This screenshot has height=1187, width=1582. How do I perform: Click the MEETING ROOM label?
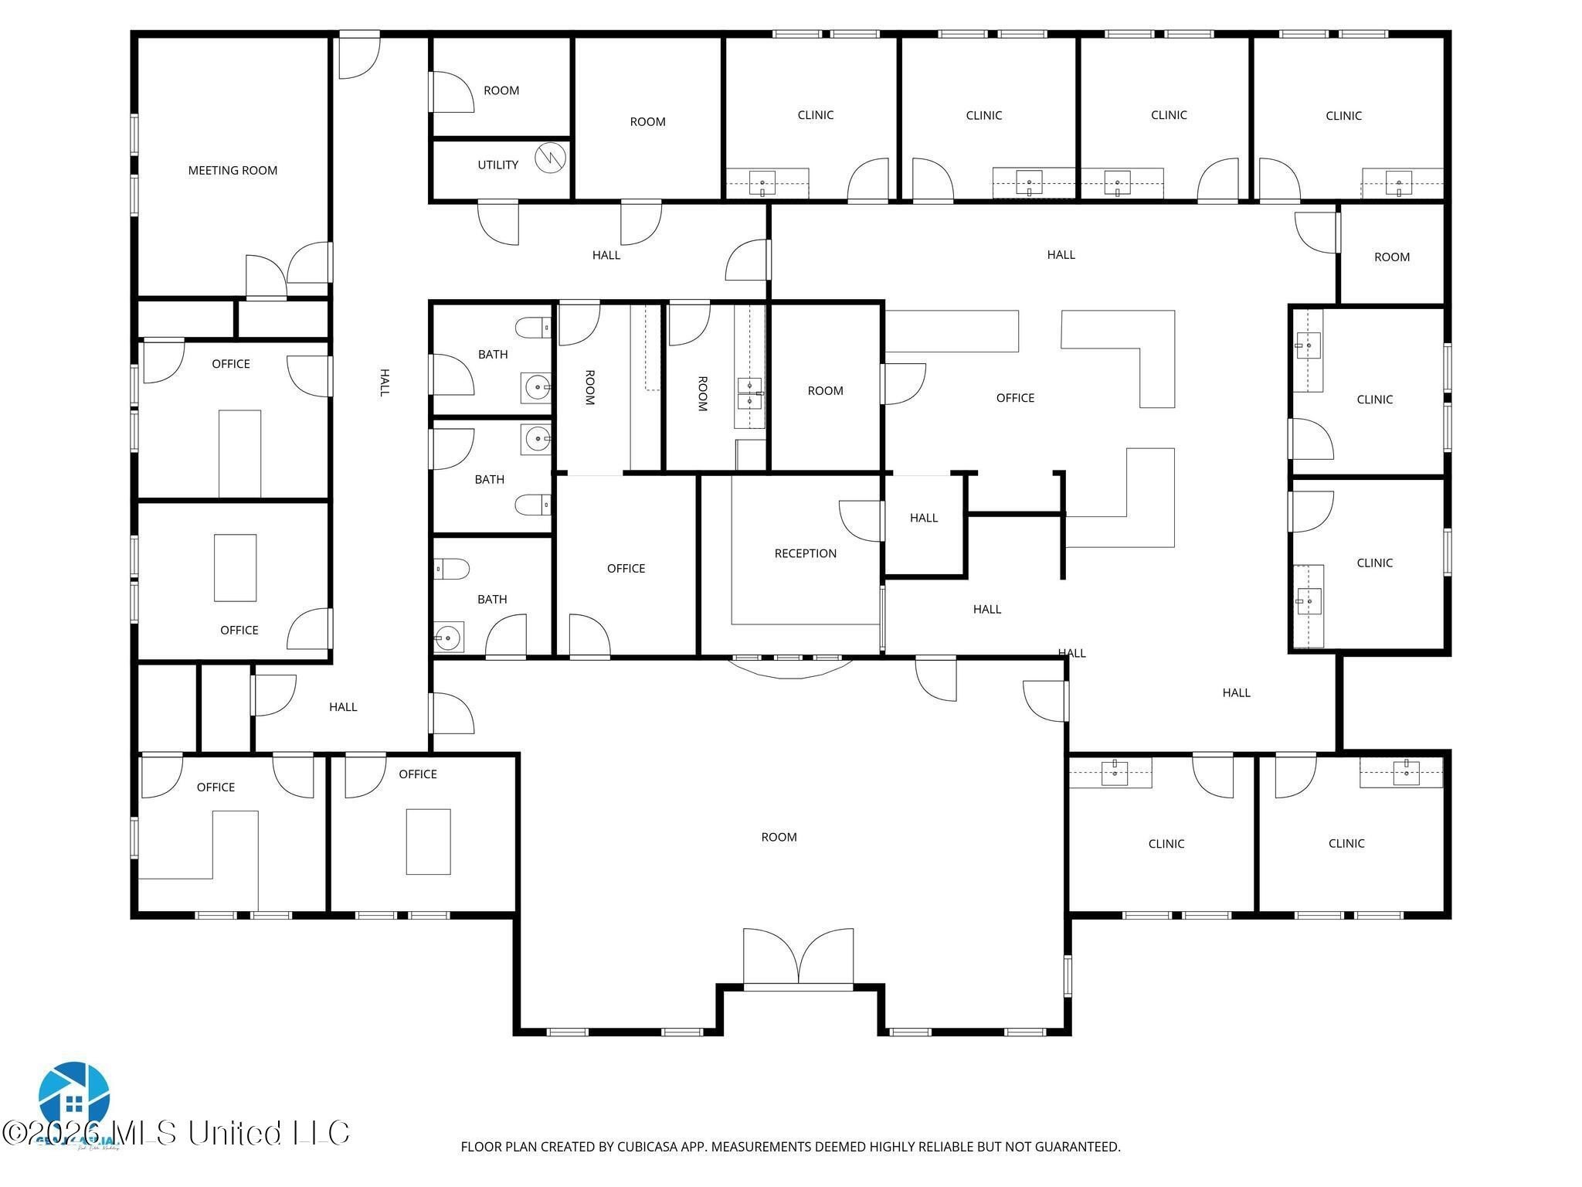(233, 171)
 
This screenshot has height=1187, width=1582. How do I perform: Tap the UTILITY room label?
(497, 165)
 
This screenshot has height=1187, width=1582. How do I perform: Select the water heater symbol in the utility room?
(550, 158)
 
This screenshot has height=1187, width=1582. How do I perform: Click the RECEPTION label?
(805, 553)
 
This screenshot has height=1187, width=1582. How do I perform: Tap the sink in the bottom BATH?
(448, 637)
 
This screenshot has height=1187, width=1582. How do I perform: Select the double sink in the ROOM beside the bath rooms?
(749, 393)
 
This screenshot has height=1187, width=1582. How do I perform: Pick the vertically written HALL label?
(384, 383)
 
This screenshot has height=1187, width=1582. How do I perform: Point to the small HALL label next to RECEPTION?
(923, 518)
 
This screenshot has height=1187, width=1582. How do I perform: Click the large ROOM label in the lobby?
(779, 837)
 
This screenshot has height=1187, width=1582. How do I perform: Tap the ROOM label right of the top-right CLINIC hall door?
(1391, 257)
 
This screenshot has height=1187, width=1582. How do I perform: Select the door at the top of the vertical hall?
(359, 54)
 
